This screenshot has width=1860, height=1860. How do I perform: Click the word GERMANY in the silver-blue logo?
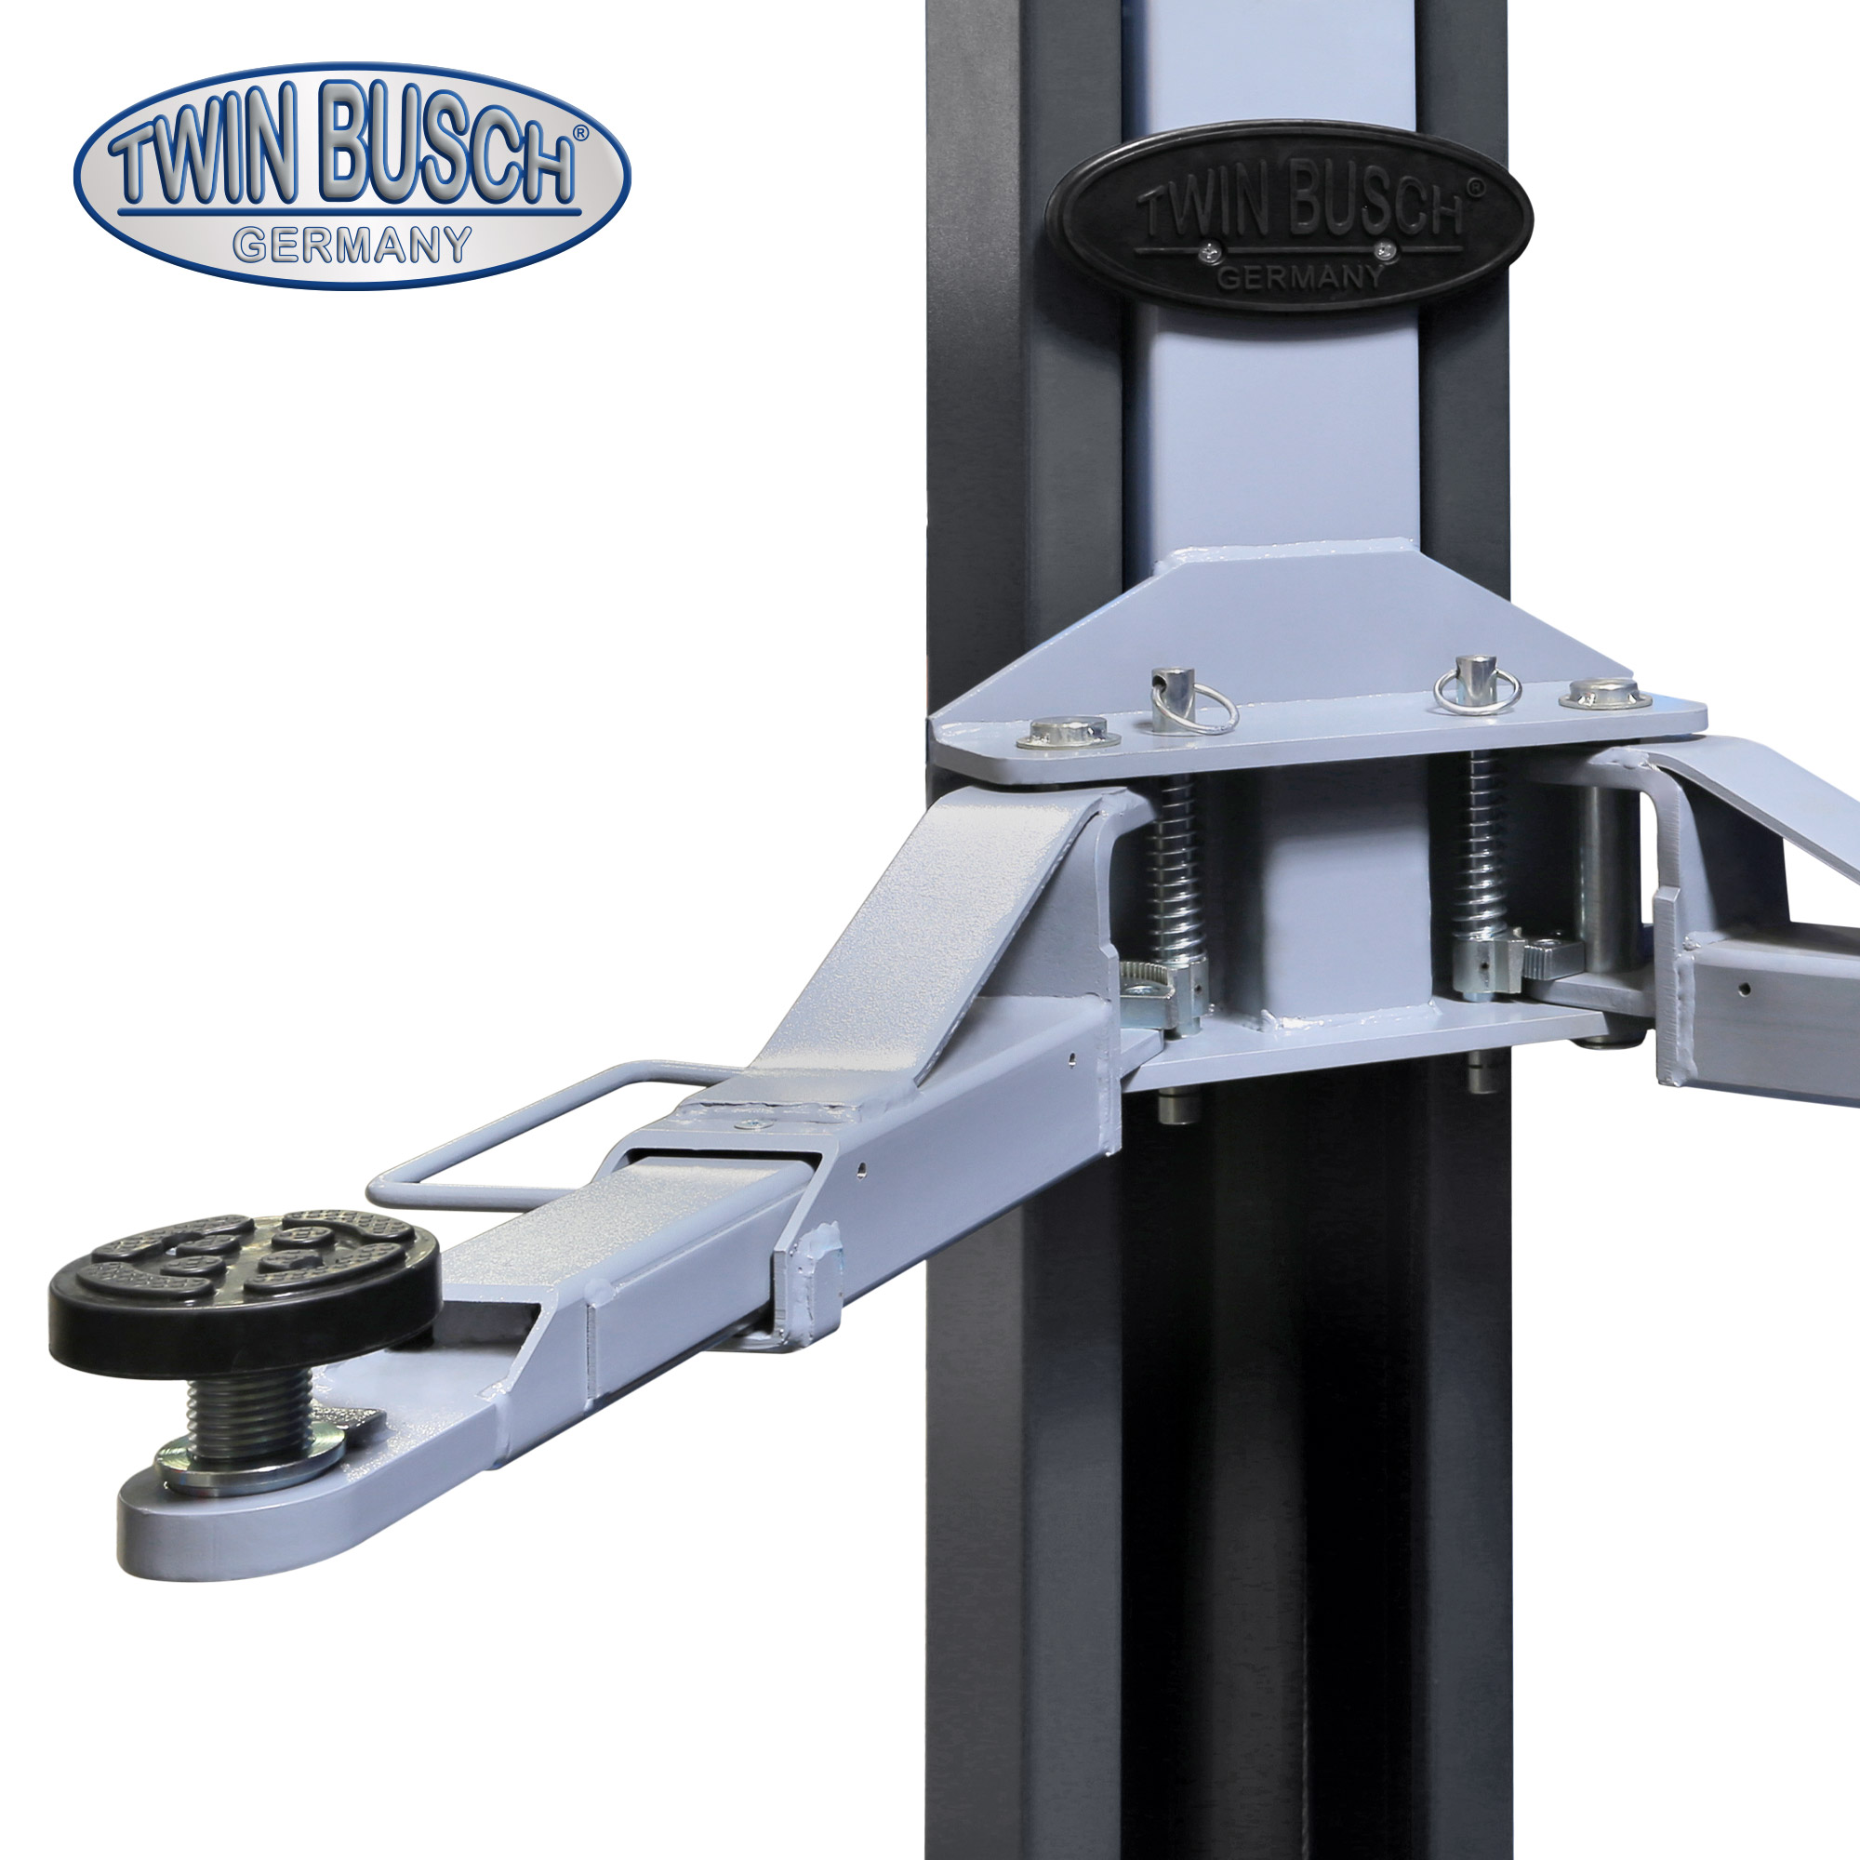(353, 246)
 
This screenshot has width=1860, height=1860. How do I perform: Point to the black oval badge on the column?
(1289, 217)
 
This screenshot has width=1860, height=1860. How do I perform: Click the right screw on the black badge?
(1385, 252)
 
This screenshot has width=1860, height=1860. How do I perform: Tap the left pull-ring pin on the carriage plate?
(1180, 700)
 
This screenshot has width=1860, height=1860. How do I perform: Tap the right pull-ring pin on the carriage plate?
(1476, 684)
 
